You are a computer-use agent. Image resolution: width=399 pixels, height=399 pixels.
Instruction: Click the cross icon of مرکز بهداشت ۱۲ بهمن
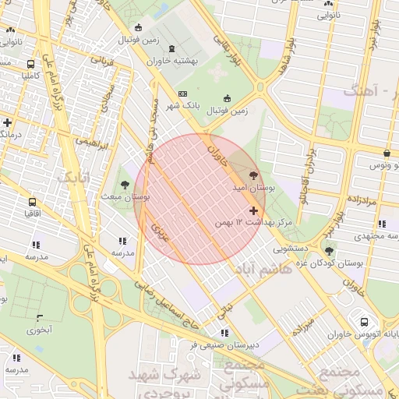coord(253,210)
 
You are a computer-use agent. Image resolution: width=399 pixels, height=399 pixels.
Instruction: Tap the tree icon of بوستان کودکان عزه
coord(329,251)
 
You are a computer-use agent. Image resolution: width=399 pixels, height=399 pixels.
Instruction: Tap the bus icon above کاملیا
coord(30,65)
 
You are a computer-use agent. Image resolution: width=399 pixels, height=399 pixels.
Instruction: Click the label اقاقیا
coord(33,212)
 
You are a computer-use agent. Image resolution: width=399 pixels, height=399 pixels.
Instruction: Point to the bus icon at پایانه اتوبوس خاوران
coord(364,322)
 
